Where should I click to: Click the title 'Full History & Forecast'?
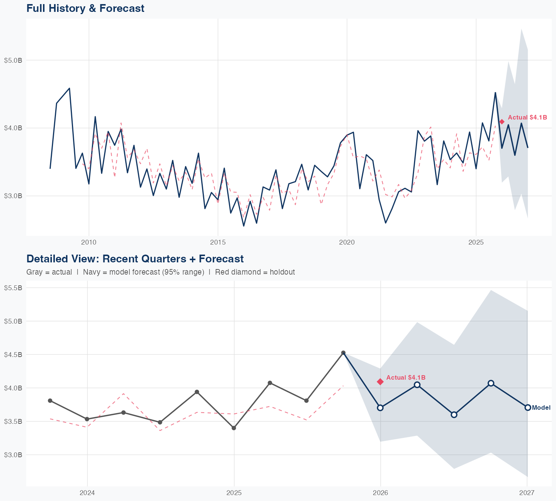(x=85, y=8)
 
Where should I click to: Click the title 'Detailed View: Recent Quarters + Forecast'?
(x=135, y=259)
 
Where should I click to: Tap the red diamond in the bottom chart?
(x=380, y=382)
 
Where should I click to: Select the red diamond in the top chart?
(x=502, y=122)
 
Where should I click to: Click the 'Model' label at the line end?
(x=541, y=407)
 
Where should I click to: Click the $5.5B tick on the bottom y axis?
(x=13, y=288)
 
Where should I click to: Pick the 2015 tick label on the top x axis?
(x=218, y=242)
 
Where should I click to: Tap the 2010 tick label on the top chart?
(x=89, y=242)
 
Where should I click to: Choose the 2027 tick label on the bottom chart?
(x=527, y=493)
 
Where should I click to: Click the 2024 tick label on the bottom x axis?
(x=87, y=493)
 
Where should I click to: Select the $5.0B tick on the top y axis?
(x=13, y=60)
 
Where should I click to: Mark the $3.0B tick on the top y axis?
(x=13, y=196)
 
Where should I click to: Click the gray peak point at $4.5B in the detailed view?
(x=343, y=353)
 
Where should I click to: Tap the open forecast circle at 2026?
(x=380, y=407)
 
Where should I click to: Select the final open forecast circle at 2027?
(x=528, y=407)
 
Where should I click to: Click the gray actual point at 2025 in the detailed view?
(x=234, y=428)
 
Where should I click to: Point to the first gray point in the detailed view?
(x=50, y=400)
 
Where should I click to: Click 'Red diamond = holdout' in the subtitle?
(x=255, y=272)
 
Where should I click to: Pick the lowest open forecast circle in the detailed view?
(x=454, y=415)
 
